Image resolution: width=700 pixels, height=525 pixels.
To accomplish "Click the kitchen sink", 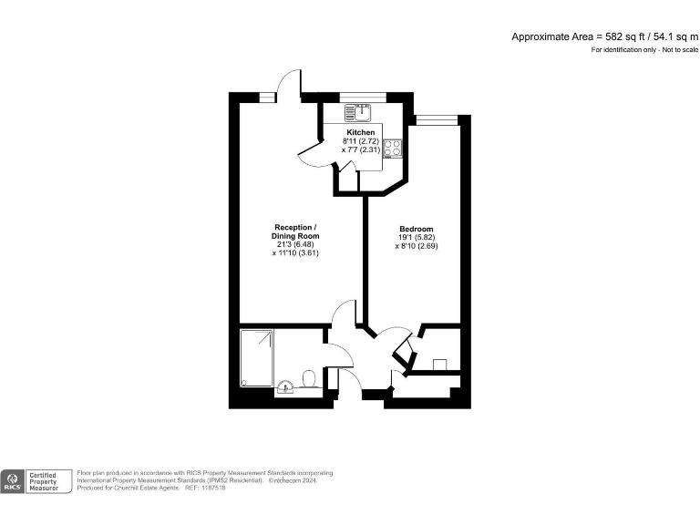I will (355, 112).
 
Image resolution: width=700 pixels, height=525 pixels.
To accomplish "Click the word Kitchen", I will (360, 133).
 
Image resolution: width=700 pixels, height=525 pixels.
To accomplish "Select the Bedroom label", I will (416, 229).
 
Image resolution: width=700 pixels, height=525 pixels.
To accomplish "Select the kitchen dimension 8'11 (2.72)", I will (360, 141).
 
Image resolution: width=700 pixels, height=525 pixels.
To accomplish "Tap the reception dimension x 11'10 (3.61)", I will (296, 253).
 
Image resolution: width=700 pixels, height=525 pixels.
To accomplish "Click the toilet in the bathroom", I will (308, 378).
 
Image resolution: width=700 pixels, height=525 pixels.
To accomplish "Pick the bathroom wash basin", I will (285, 385).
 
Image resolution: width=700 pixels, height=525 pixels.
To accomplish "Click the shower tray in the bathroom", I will (256, 358).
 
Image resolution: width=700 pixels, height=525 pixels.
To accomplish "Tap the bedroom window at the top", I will (434, 118).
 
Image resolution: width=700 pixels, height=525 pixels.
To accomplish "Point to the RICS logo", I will (14, 480).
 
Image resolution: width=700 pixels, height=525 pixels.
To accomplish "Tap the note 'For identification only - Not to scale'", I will (643, 49).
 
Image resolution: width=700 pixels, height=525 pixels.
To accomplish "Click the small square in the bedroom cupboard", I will (438, 364).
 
